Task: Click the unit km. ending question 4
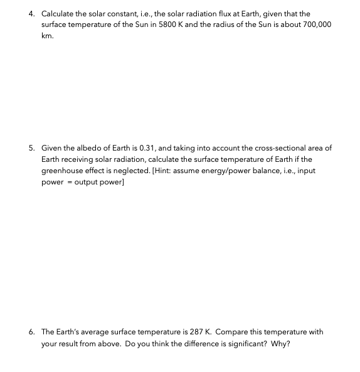click(47, 36)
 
